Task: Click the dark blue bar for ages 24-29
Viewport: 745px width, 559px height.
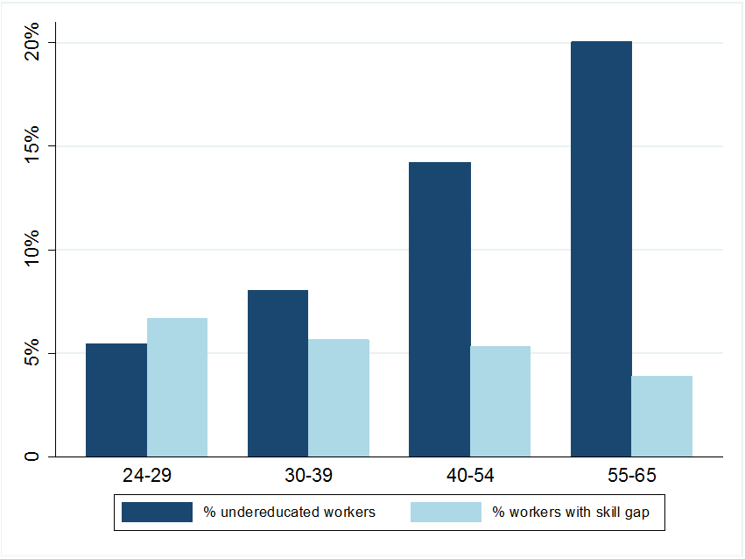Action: (x=116, y=400)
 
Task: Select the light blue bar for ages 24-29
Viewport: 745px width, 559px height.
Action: (x=177, y=387)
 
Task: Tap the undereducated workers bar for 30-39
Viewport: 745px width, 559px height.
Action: (x=278, y=373)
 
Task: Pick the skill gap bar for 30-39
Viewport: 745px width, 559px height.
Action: (x=339, y=398)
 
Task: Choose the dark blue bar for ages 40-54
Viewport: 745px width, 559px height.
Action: (x=439, y=309)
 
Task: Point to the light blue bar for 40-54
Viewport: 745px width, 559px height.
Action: (x=500, y=401)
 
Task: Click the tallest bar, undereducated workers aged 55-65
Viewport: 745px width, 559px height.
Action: (x=601, y=249)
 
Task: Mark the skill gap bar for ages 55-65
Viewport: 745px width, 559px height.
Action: (x=662, y=416)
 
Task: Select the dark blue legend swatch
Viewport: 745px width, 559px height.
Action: (x=157, y=512)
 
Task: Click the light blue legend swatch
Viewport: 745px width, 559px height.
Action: (x=446, y=512)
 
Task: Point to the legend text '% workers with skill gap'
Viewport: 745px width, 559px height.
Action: (x=571, y=512)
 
